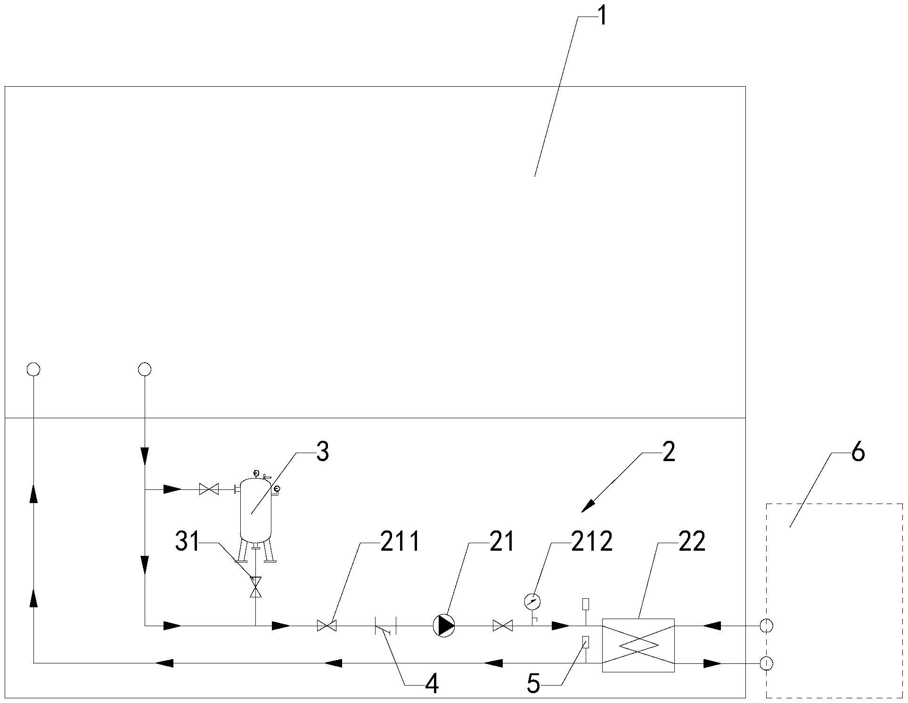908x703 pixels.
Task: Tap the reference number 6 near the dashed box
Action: point(858,453)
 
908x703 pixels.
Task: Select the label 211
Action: point(400,542)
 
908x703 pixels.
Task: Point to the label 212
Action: point(592,542)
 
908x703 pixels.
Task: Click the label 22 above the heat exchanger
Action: point(692,542)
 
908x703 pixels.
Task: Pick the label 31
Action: point(188,542)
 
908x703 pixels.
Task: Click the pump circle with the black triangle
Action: point(444,626)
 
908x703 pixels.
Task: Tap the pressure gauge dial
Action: point(532,601)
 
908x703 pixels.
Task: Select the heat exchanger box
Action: point(638,645)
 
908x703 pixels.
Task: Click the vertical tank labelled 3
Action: point(256,509)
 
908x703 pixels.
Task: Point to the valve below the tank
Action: point(256,587)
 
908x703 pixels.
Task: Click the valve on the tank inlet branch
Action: point(209,489)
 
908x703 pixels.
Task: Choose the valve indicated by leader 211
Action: point(327,626)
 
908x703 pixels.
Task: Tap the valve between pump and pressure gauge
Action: point(502,626)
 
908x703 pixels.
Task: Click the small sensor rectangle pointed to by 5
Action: point(586,642)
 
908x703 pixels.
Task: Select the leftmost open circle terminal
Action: point(33,369)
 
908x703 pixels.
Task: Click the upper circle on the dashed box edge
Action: point(766,626)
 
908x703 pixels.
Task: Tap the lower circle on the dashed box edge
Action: point(766,663)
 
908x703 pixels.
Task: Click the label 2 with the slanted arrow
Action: point(668,453)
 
